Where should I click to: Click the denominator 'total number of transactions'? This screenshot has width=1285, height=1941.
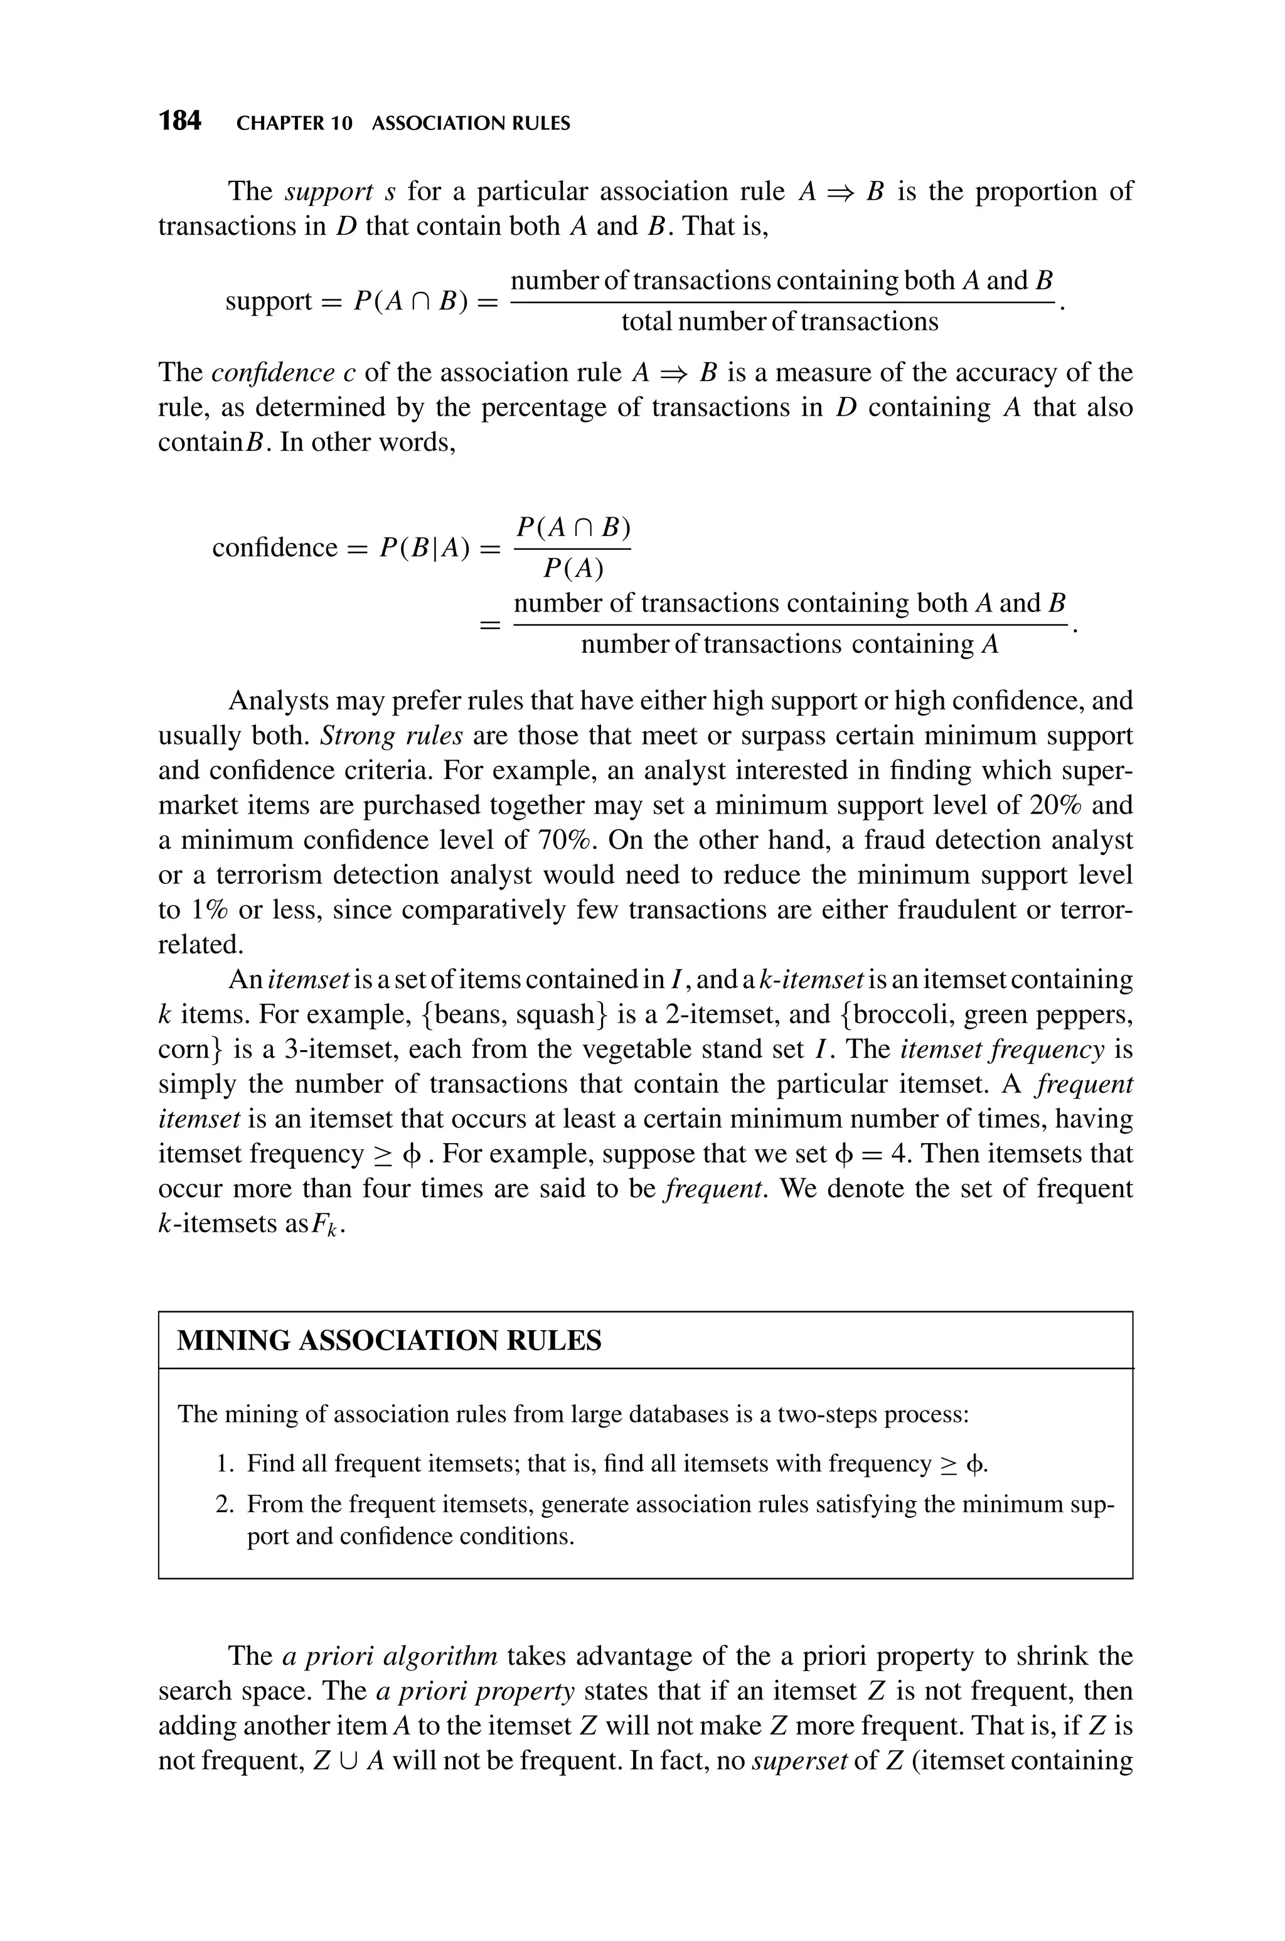click(x=779, y=322)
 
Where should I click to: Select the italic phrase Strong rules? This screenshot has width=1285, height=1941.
click(x=392, y=736)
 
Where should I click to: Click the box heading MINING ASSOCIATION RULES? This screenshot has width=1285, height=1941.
click(x=389, y=1341)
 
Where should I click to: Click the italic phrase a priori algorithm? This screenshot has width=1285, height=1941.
click(x=389, y=1673)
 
